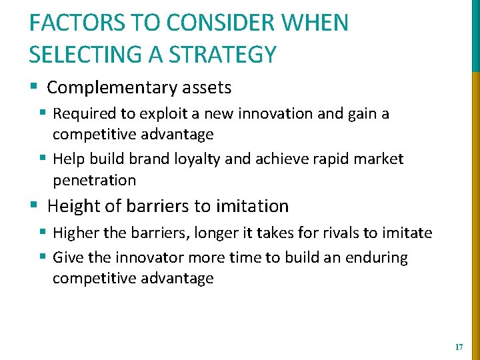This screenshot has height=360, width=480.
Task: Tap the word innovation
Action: [x=276, y=114]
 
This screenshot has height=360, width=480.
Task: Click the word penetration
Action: [x=94, y=180]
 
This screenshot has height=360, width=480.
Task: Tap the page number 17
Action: [x=458, y=347]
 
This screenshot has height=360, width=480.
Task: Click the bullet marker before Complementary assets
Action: [x=33, y=87]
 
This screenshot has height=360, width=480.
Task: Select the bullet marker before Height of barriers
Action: [x=33, y=206]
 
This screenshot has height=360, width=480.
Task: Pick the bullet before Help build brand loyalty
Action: [x=43, y=159]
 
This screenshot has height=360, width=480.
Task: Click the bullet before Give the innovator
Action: [x=43, y=257]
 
